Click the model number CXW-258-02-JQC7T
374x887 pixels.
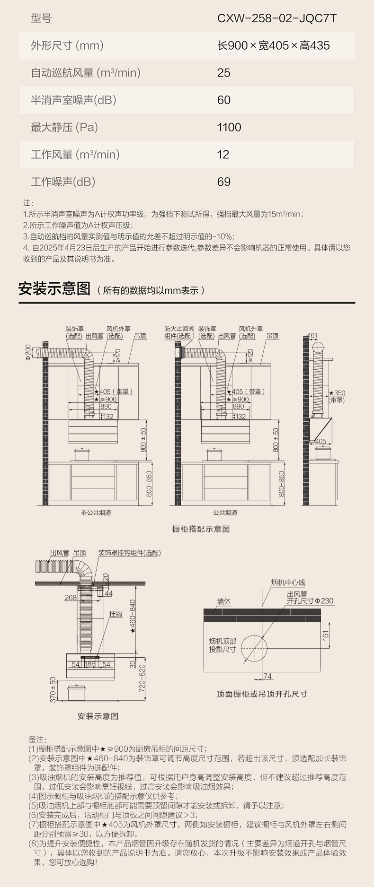pyautogui.click(x=277, y=18)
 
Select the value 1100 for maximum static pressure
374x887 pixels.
pyautogui.click(x=229, y=127)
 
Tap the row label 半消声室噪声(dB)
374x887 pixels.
pyautogui.click(x=73, y=100)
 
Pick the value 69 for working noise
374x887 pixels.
pyautogui.click(x=224, y=182)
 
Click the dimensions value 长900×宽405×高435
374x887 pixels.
pyautogui.click(x=273, y=46)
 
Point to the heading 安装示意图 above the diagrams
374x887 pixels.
pyautogui.click(x=54, y=288)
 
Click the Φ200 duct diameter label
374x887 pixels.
pyautogui.click(x=28, y=352)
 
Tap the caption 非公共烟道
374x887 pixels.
pyautogui.click(x=96, y=513)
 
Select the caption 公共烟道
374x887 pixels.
pyautogui.click(x=225, y=513)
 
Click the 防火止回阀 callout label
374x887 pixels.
pyautogui.click(x=179, y=329)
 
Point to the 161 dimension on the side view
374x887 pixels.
pyautogui.click(x=312, y=336)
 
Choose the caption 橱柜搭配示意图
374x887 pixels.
pyautogui.click(x=201, y=529)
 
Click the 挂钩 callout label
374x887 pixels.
pyautogui.click(x=116, y=614)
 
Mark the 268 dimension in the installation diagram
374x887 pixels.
pyautogui.click(x=71, y=598)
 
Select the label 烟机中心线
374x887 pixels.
pyautogui.click(x=288, y=583)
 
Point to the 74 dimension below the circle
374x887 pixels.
pyautogui.click(x=267, y=677)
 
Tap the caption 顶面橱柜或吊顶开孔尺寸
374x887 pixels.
pyautogui.click(x=262, y=694)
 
